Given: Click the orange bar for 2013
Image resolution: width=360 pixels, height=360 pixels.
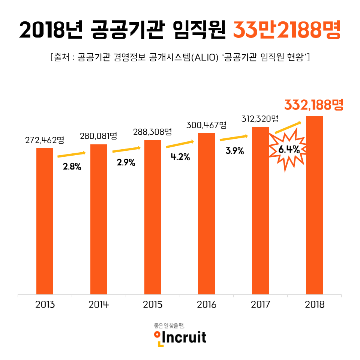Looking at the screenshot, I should [45, 221].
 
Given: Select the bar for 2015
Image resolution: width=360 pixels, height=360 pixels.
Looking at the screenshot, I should [153, 217].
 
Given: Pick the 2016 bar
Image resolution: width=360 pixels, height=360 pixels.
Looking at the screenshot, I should [206, 214].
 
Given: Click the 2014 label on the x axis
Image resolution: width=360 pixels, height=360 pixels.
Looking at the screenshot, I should [99, 304].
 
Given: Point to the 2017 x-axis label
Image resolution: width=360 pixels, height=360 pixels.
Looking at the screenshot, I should [261, 304].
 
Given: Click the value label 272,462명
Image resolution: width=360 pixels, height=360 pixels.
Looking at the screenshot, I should [45, 140].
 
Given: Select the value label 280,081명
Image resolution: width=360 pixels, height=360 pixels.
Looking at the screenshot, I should [99, 136].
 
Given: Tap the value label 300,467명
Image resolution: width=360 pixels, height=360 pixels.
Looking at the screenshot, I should [207, 125].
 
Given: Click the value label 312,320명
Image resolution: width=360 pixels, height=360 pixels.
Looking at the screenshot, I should [261, 119].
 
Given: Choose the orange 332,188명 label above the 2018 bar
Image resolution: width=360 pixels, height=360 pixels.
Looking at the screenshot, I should [313, 105].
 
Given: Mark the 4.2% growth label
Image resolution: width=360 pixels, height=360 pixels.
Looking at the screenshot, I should [180, 157].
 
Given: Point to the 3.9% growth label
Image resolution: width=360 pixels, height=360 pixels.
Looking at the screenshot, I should [235, 151].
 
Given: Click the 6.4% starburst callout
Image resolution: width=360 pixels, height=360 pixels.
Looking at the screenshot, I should [288, 150].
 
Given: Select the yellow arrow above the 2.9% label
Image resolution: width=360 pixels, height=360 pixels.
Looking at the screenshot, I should [126, 150].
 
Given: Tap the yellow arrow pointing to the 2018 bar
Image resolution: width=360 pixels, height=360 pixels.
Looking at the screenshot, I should [288, 127].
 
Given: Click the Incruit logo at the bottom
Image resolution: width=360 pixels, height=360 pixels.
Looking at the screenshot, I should [180, 336].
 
